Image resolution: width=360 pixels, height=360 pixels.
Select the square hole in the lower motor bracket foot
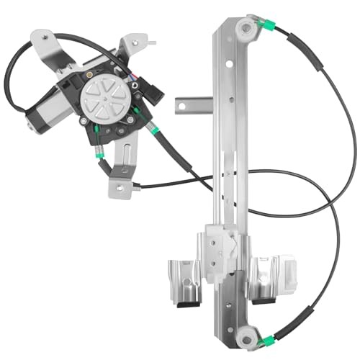point(124,170)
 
